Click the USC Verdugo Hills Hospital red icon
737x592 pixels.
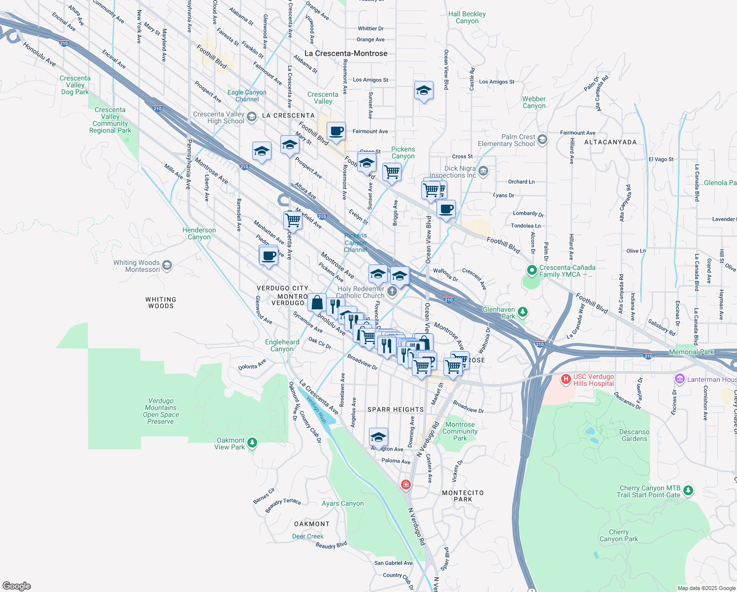(x=566, y=379)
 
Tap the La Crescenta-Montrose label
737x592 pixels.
(x=346, y=53)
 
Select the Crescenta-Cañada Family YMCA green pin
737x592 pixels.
(x=532, y=270)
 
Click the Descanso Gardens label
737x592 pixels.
(x=634, y=435)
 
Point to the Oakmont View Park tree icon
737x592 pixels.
(x=252, y=443)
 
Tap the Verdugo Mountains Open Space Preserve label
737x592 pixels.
(x=161, y=411)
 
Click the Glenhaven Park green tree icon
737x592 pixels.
(x=523, y=312)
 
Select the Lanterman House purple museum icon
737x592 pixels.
(x=680, y=379)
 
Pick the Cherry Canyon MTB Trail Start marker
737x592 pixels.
(x=688, y=491)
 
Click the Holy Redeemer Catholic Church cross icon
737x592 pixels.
(x=392, y=291)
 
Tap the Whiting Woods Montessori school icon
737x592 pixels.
(x=167, y=266)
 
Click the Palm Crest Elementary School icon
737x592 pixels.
(x=542, y=140)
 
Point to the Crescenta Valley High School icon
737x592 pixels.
(x=252, y=117)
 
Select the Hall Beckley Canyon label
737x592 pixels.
(x=467, y=17)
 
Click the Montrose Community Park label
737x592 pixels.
(x=460, y=431)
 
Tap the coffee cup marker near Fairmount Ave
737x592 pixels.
(x=336, y=132)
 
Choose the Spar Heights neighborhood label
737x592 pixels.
(x=396, y=409)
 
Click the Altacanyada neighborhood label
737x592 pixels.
(x=610, y=142)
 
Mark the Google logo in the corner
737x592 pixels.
(x=17, y=586)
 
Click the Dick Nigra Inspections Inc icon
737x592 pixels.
(x=483, y=171)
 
